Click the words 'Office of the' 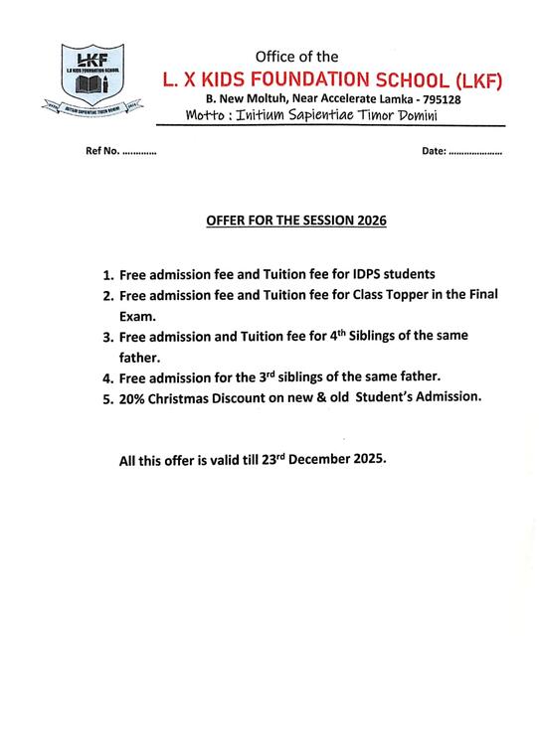(297, 56)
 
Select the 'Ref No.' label (94, 153)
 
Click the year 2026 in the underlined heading (368, 220)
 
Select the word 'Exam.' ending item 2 (137, 317)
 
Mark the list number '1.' (108, 274)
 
